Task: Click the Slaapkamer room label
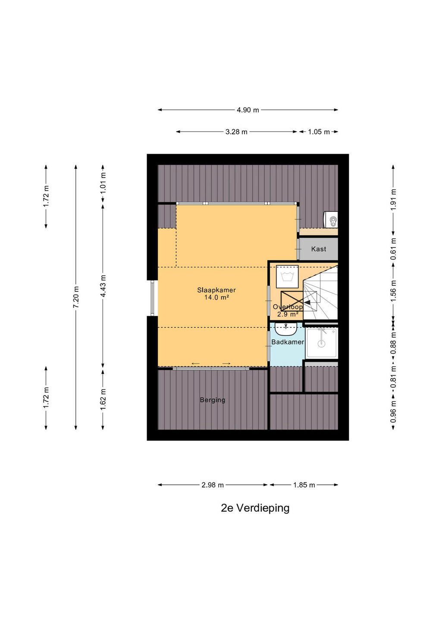coord(216,290)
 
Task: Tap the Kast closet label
coord(318,249)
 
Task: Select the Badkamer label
coord(287,342)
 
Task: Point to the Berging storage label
coord(213,400)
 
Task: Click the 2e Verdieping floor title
coord(255,508)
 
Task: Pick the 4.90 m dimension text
coord(248,110)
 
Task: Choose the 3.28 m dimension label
coord(236,132)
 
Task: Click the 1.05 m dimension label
coord(319,132)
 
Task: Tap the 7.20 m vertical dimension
coord(76,297)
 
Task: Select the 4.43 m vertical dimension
coord(103,286)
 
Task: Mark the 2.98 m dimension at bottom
coord(213,485)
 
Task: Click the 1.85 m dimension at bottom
coord(304,485)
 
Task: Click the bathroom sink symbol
coord(286,329)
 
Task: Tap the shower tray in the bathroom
coord(322,343)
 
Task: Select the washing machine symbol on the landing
coord(287,277)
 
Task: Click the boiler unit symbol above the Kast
coord(331,220)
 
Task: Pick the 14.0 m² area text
coord(216,298)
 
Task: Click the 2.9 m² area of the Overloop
coord(288,314)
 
